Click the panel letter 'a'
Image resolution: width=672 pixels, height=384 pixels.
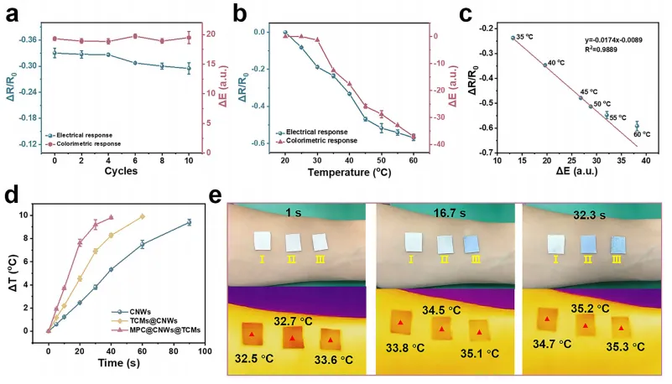(x=12, y=13)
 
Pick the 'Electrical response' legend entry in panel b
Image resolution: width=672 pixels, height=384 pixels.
(x=317, y=132)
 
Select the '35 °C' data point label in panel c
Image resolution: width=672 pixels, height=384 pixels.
(x=525, y=37)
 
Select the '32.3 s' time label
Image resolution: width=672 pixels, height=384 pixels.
(x=590, y=214)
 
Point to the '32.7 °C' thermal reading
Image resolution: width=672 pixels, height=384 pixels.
(x=294, y=320)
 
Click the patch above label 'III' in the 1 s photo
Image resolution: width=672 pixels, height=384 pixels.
(x=320, y=241)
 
